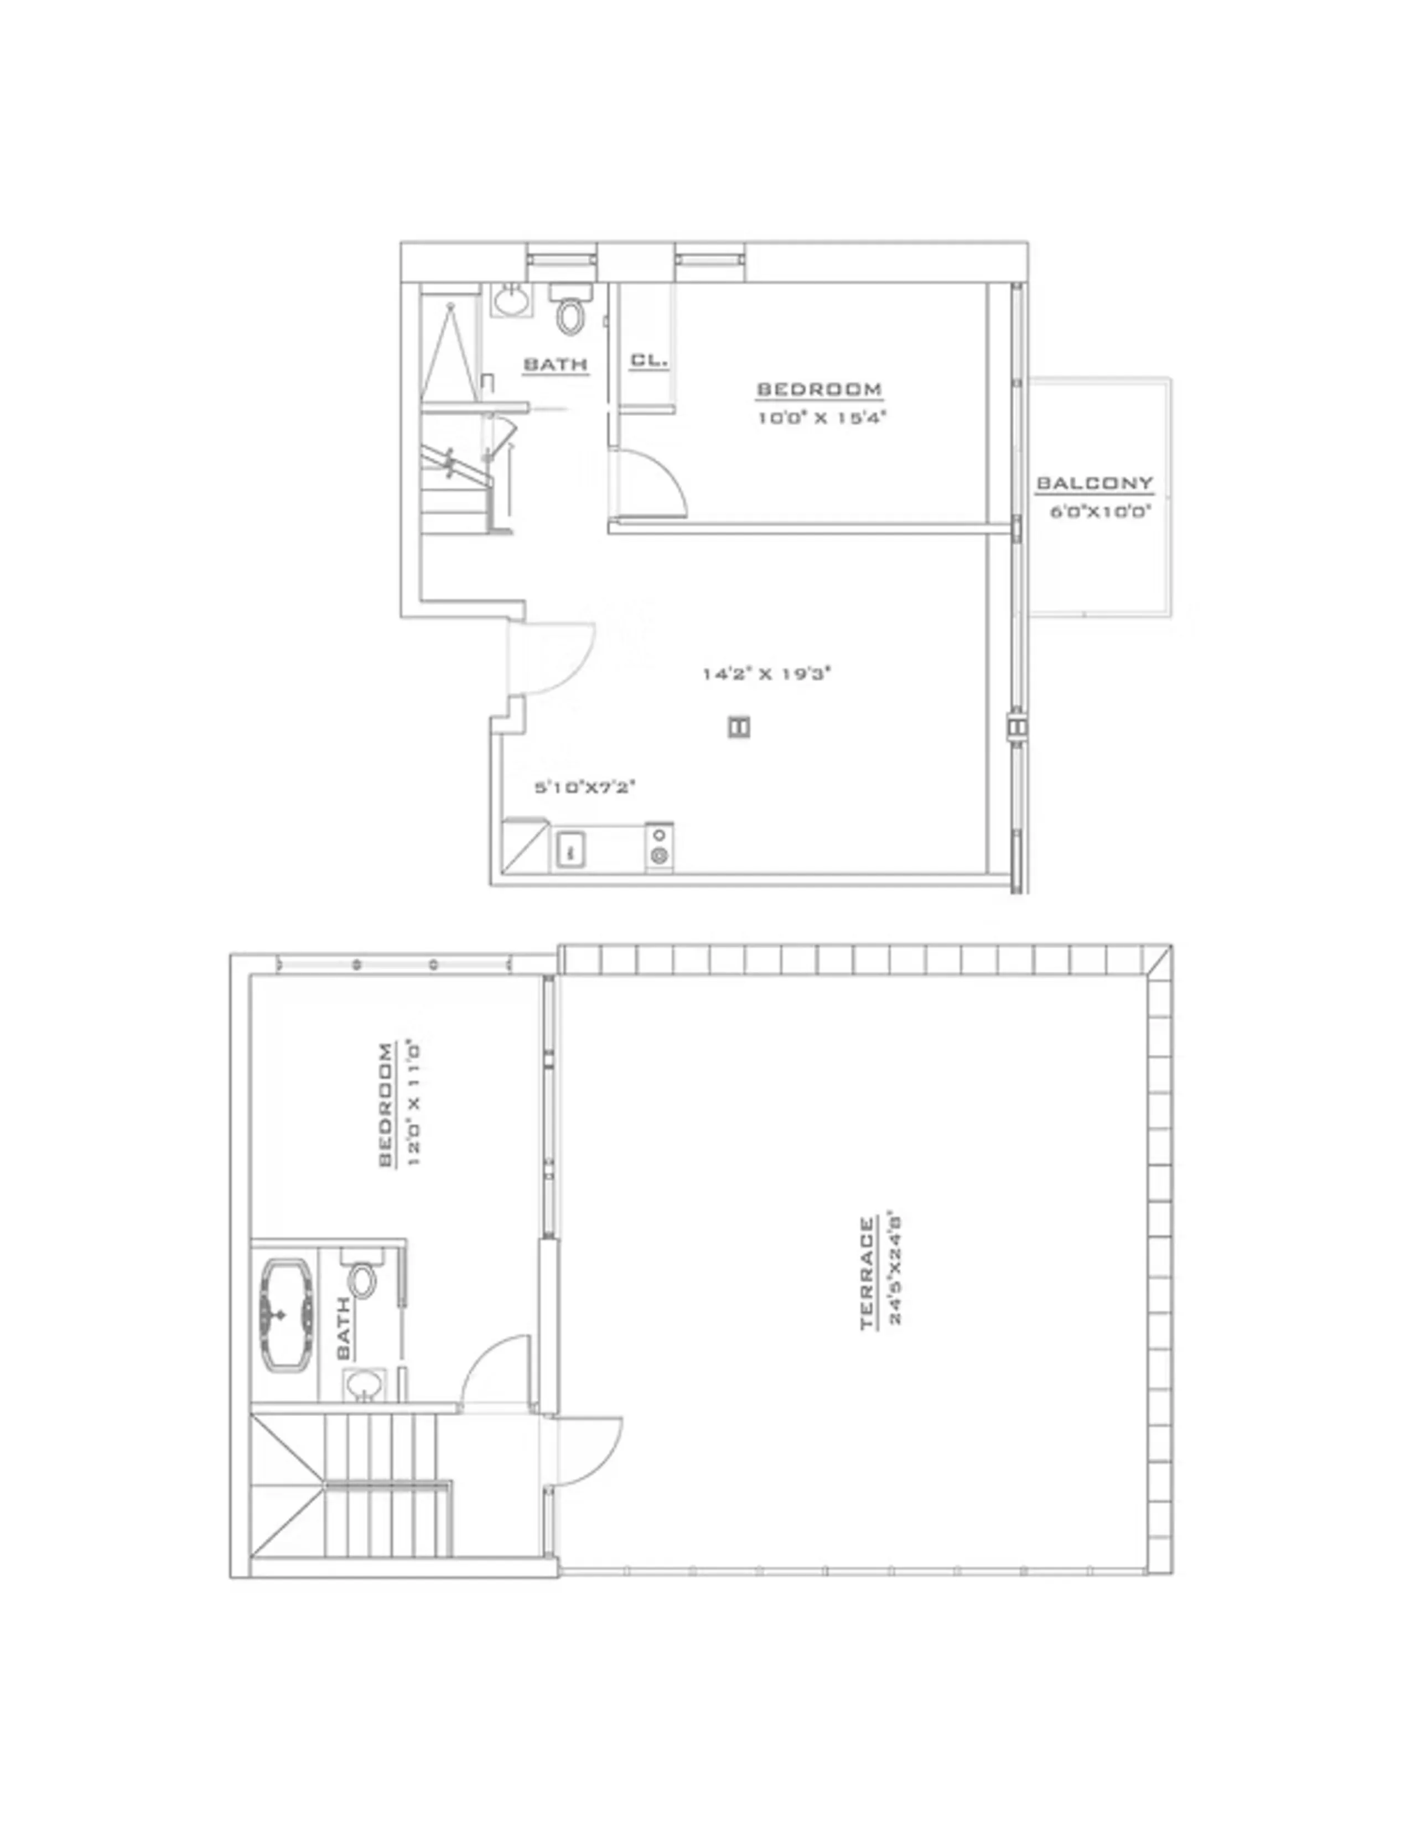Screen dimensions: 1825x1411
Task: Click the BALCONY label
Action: click(1094, 483)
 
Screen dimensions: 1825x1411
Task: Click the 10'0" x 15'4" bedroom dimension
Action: click(821, 417)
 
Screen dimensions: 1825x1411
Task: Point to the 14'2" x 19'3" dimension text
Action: click(766, 674)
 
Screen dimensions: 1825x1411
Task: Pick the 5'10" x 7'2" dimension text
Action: click(585, 787)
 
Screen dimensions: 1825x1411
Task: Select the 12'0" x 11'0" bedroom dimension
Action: click(413, 1103)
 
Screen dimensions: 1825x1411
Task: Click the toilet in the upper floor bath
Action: click(571, 314)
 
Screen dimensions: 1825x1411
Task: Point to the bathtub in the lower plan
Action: click(287, 1315)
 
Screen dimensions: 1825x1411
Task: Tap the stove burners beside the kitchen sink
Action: click(660, 846)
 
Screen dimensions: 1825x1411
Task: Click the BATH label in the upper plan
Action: click(555, 364)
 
